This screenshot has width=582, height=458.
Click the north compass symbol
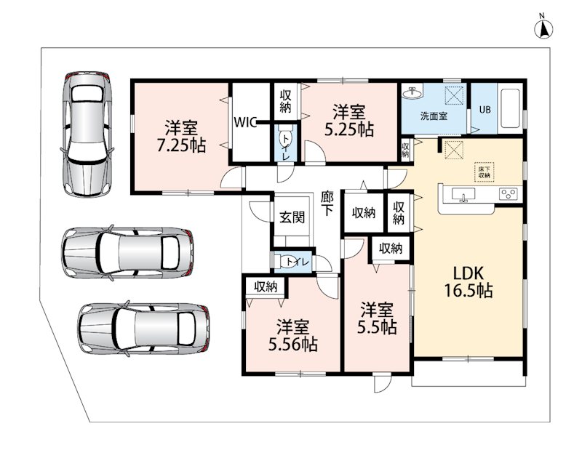click(x=543, y=28)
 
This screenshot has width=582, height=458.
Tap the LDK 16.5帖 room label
click(x=469, y=282)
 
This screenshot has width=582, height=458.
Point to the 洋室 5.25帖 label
click(x=349, y=121)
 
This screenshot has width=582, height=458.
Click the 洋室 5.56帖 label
click(x=293, y=336)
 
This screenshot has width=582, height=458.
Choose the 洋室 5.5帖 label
click(x=377, y=318)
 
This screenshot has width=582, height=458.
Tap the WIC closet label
click(x=245, y=122)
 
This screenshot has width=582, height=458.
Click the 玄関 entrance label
click(x=292, y=217)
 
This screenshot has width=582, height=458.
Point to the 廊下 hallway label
click(x=327, y=204)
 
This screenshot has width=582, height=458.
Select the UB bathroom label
click(x=485, y=110)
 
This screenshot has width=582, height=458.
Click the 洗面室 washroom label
click(x=434, y=116)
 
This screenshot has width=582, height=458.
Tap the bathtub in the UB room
click(x=511, y=108)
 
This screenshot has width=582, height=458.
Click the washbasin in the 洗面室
click(x=412, y=93)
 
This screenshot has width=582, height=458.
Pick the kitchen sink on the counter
click(x=463, y=194)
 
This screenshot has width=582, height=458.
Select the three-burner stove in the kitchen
click(x=508, y=194)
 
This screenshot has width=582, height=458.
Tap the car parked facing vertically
click(x=87, y=134)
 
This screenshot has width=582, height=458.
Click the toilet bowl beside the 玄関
click(x=287, y=262)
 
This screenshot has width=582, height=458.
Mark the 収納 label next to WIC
click(x=285, y=101)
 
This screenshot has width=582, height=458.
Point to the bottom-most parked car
click(x=144, y=329)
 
